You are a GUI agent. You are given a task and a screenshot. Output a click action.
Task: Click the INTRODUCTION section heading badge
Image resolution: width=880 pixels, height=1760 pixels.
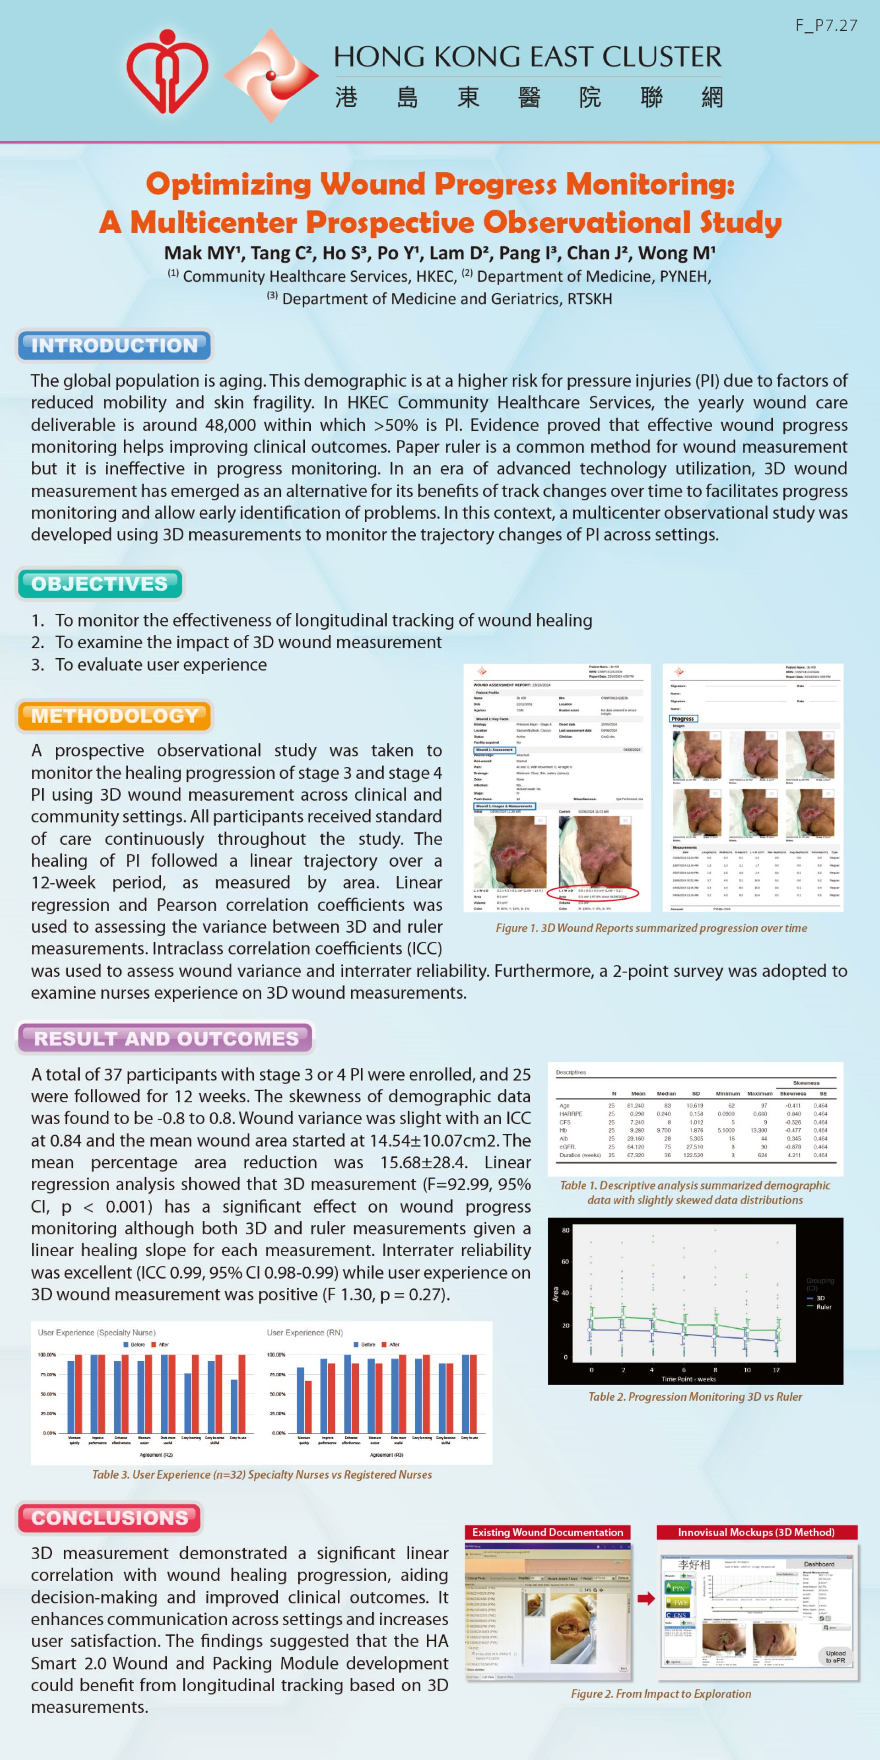[x=114, y=345]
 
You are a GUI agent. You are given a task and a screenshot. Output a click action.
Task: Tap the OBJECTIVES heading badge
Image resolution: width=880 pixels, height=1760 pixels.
[x=100, y=584]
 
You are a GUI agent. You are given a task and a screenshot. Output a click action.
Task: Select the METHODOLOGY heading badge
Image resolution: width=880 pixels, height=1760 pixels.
[x=115, y=716]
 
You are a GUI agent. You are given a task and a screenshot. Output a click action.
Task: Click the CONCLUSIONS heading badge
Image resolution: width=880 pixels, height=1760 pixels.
[x=110, y=1518]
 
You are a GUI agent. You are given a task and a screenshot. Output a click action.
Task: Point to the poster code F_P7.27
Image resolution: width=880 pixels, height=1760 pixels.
[x=825, y=25]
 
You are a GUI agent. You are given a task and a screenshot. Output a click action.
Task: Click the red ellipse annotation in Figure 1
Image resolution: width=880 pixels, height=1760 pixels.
[x=593, y=892]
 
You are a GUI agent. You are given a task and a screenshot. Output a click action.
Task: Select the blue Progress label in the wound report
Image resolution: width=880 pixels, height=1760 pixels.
[x=682, y=719]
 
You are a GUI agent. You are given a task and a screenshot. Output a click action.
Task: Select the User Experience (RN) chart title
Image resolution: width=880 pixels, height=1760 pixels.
[x=305, y=1332]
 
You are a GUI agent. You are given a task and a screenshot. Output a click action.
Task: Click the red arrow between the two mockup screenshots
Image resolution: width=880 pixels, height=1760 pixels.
[x=646, y=1598]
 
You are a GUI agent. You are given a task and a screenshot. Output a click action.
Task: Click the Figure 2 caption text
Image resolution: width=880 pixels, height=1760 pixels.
[x=660, y=1694]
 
